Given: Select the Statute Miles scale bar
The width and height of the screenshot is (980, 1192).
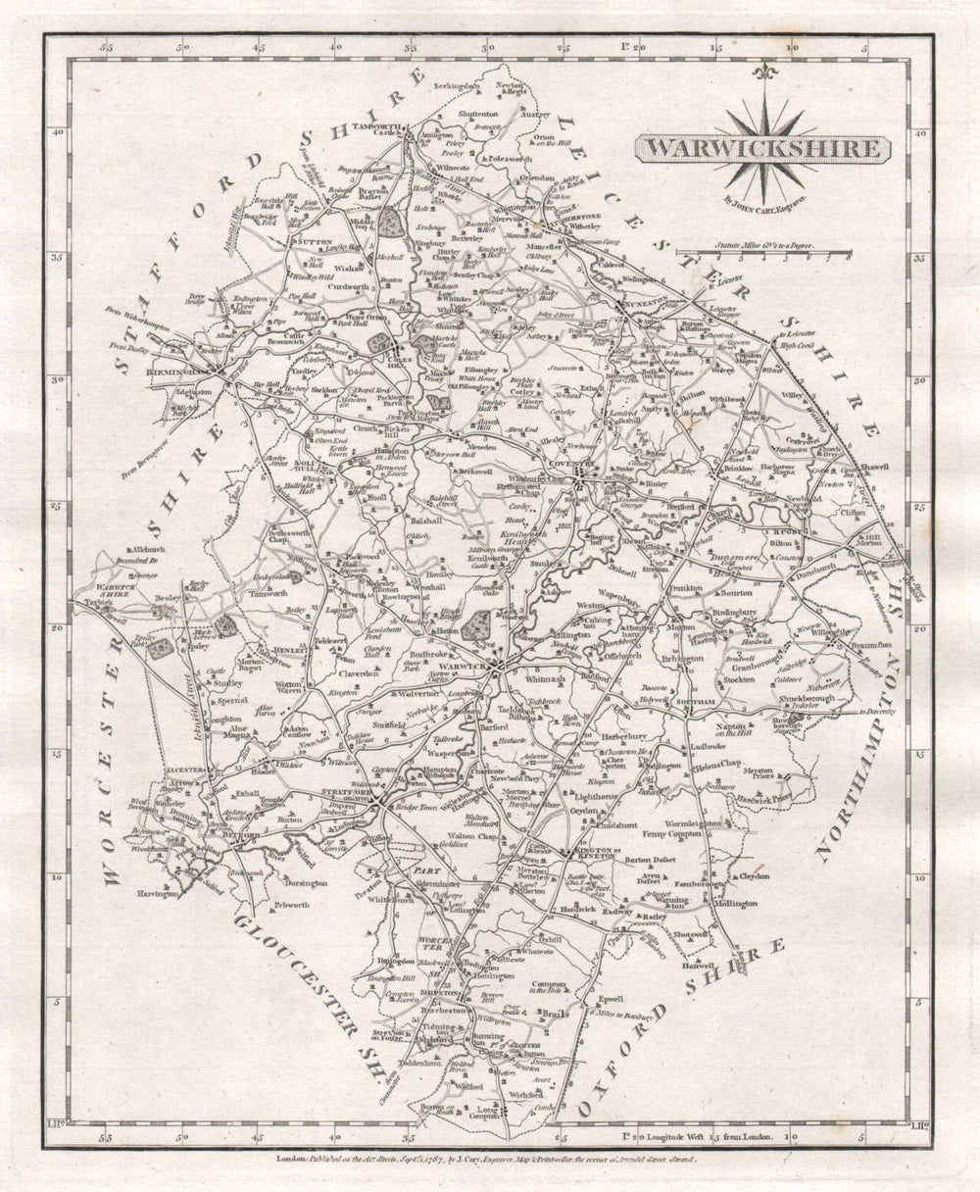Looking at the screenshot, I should (x=765, y=253).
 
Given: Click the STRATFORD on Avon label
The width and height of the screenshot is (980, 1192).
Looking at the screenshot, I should (x=348, y=793).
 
